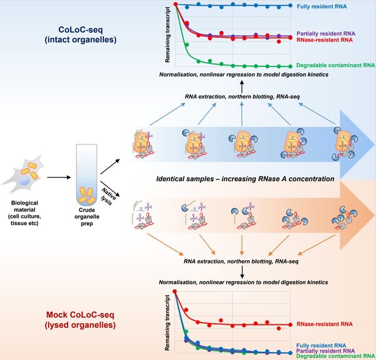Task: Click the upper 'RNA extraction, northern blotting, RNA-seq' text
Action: click(241, 96)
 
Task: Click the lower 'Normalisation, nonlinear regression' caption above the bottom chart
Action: click(241, 283)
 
